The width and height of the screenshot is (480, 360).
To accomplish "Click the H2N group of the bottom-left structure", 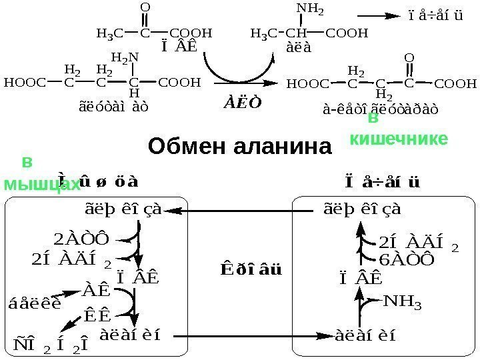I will [124, 57].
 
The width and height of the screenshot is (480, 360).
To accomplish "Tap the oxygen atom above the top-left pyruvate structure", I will [146, 8].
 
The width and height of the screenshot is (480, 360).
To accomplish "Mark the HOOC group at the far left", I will [24, 83].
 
